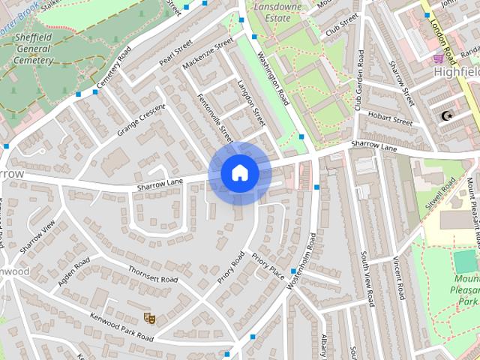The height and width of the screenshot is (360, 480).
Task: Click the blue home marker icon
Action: pos(240,172)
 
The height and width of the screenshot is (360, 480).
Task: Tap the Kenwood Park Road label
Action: pos(119,327)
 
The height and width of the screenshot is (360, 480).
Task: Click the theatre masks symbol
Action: pos(149,319)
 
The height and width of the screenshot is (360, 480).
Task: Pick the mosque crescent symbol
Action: pos(448,115)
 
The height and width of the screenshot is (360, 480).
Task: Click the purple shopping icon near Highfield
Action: pos(439,57)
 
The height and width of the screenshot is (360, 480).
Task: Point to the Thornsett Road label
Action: pos(152,274)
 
